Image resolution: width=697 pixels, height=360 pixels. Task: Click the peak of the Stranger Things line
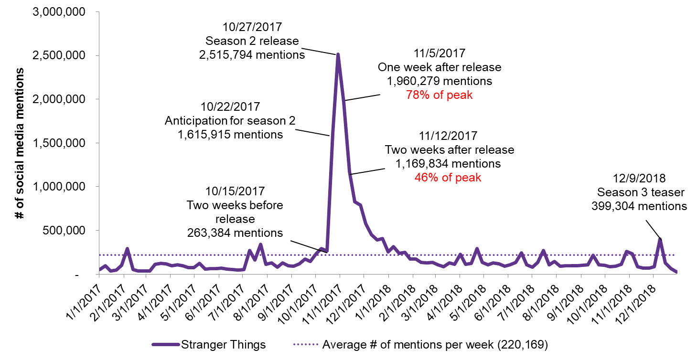coord(338,54)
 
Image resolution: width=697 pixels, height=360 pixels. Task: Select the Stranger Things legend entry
coord(208,344)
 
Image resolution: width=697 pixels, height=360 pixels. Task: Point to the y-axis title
coord(20,143)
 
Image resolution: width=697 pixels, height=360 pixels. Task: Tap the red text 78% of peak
coord(439,95)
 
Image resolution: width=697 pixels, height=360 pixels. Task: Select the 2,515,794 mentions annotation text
coord(252,54)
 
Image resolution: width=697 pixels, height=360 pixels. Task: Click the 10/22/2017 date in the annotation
coord(230,107)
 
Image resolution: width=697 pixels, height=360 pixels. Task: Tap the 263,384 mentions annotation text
coord(235,233)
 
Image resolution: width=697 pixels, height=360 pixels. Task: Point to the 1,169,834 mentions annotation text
coord(448,164)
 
